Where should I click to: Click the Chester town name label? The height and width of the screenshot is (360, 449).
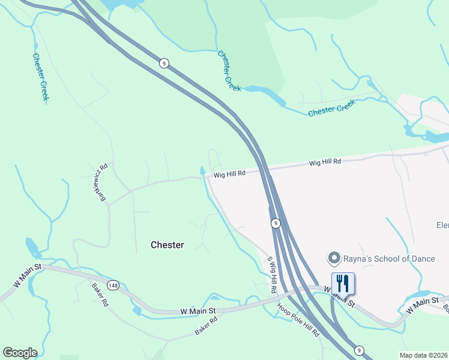(x=167, y=245)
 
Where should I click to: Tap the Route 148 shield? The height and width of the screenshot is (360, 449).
(x=113, y=284)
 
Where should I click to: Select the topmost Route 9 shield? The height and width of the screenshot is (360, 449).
(x=163, y=62)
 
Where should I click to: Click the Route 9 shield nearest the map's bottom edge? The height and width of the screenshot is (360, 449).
(x=358, y=350)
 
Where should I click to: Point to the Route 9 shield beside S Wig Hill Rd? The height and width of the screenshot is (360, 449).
(x=275, y=223)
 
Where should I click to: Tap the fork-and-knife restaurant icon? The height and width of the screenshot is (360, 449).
(x=343, y=283)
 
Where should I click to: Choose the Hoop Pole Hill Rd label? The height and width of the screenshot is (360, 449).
(x=298, y=319)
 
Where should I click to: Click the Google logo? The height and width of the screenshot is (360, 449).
(x=20, y=353)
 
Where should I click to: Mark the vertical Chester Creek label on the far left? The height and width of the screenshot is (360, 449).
(x=40, y=77)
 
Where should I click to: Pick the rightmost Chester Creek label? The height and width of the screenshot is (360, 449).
(x=331, y=109)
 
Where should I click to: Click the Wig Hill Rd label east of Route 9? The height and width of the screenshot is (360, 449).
(x=325, y=162)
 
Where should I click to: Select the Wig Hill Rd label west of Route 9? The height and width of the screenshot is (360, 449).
(x=230, y=174)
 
